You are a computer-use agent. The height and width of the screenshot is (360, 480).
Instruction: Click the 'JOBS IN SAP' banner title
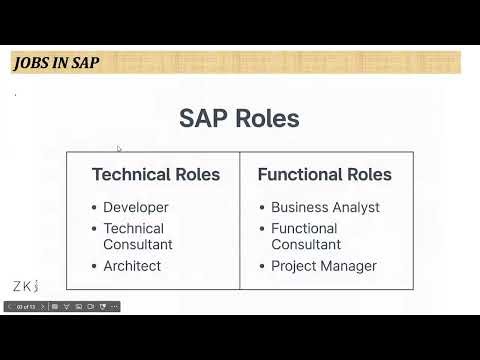(56, 63)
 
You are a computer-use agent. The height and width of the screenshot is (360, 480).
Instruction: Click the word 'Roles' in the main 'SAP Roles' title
(267, 118)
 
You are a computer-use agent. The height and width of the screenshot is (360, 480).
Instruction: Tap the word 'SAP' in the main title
(203, 118)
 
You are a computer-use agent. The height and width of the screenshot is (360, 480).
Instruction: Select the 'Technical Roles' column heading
(156, 174)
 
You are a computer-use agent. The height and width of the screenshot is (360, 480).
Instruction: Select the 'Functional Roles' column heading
(324, 174)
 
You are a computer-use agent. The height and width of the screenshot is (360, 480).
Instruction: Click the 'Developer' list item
(136, 208)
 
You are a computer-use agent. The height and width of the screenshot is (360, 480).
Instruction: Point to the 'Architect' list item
(132, 266)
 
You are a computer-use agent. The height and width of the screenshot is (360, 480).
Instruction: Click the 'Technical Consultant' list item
(138, 236)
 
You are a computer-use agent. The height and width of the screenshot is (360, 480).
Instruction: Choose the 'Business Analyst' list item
(325, 208)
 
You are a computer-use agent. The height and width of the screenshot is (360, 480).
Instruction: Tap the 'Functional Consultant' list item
(305, 236)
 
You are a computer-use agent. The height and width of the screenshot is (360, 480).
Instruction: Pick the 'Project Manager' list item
(324, 266)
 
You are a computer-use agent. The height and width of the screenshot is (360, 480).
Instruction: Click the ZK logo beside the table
(25, 286)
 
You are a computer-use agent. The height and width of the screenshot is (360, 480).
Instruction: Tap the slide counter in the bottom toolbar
(26, 307)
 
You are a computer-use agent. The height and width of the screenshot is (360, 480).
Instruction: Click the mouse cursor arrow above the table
(119, 150)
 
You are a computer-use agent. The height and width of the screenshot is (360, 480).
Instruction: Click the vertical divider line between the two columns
(240, 220)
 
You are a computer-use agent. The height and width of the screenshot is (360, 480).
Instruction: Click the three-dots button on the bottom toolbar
(114, 307)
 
